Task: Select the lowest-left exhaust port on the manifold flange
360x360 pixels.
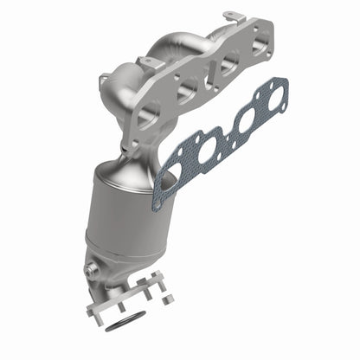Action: click(x=149, y=112)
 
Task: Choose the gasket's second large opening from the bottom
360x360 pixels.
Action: click(x=207, y=150)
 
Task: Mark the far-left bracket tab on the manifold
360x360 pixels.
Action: click(x=104, y=80)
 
